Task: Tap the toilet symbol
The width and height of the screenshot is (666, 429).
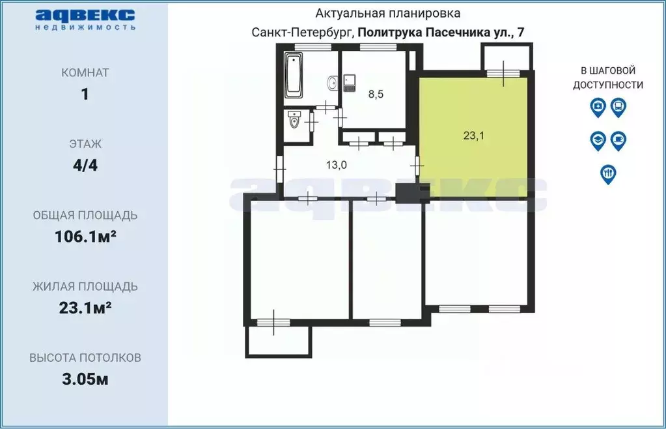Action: pos(294,121)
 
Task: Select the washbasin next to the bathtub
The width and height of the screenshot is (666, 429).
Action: pos(332,83)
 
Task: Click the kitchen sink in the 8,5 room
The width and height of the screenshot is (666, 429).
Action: pos(350,83)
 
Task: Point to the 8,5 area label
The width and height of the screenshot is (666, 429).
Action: pos(376,94)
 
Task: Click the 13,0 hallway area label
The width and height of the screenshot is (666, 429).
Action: pos(336,165)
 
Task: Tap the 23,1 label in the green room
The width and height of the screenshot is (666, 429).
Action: pos(473,136)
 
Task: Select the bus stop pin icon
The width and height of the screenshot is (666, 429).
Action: pos(618,107)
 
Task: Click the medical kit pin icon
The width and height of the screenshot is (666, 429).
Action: pos(598,107)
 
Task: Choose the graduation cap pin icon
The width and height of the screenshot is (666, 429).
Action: pos(598,140)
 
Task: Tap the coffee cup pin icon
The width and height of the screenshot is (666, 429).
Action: pos(618,140)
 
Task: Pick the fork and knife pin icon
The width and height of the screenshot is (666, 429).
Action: pos(608,173)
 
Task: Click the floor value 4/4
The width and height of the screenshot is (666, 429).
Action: pos(85,165)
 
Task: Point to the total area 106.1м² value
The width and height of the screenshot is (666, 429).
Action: pos(85,237)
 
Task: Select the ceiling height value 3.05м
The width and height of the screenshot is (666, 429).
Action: pos(85,379)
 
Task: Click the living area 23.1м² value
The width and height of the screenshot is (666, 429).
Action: pos(85,308)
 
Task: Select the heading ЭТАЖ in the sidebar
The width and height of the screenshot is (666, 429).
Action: pos(85,144)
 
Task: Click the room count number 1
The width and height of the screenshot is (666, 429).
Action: pos(85,94)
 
